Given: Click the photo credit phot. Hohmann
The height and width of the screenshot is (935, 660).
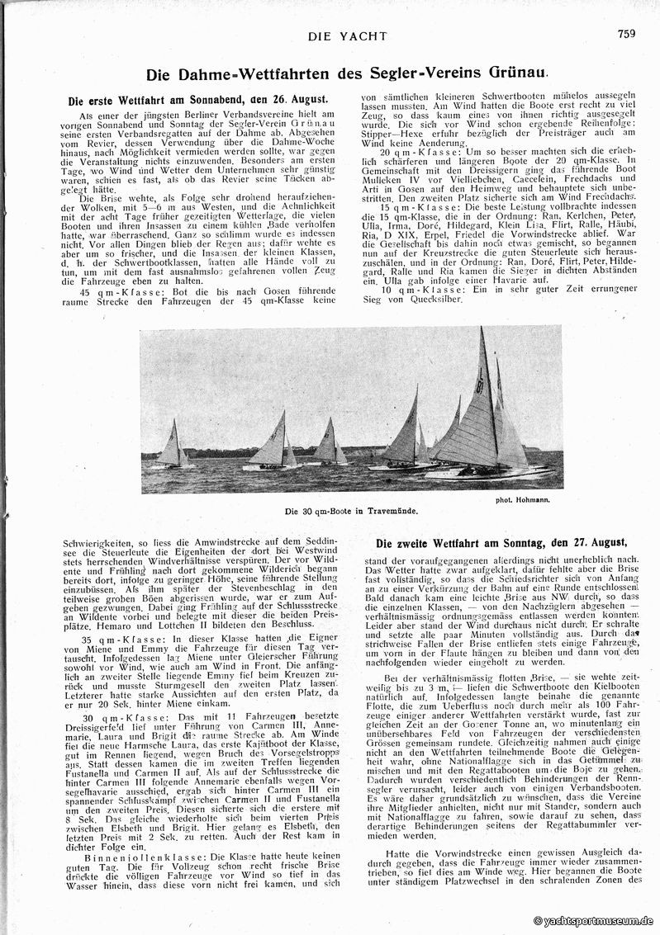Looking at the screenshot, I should pyautogui.click(x=524, y=498).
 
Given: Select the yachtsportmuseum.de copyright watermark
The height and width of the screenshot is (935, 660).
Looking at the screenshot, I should pyautogui.click(x=594, y=921).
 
